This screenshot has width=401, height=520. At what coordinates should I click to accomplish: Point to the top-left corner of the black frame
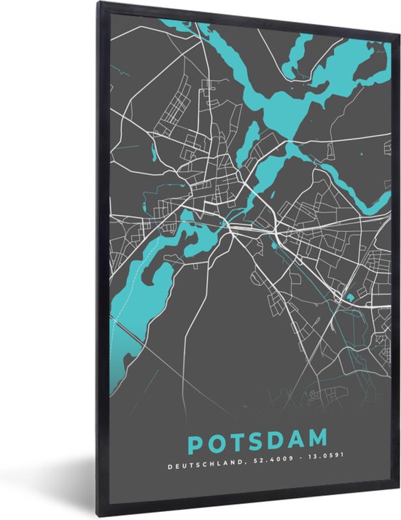pyautogui.click(x=98, y=3)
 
